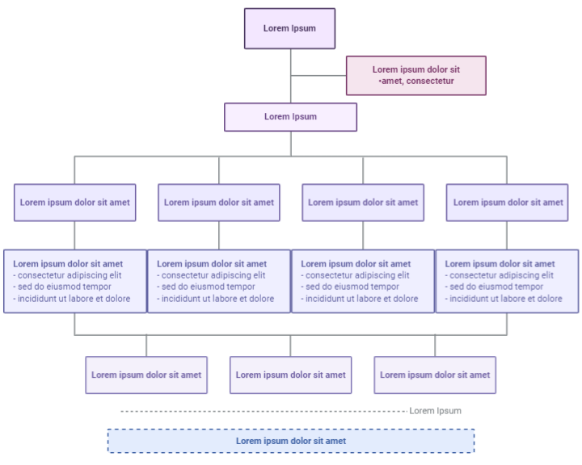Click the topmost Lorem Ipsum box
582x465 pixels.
289,28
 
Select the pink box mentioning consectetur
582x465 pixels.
416,75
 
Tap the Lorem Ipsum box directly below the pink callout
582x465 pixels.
290,117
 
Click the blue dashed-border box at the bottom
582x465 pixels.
291,441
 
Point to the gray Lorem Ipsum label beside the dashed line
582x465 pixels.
435,411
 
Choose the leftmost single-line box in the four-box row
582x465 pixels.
74,203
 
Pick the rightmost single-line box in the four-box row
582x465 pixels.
508,203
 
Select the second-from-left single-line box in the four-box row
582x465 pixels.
219,203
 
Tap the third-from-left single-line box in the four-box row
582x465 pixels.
363,203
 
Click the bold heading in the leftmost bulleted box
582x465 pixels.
68,263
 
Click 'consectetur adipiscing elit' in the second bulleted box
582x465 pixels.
213,275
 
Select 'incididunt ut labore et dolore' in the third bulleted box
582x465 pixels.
360,299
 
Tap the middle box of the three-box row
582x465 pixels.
291,375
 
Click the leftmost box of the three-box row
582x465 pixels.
146,375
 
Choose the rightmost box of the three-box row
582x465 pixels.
435,375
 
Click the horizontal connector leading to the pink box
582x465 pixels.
318,76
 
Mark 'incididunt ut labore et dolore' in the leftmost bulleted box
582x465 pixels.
72,299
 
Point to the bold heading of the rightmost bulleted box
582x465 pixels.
500,263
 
